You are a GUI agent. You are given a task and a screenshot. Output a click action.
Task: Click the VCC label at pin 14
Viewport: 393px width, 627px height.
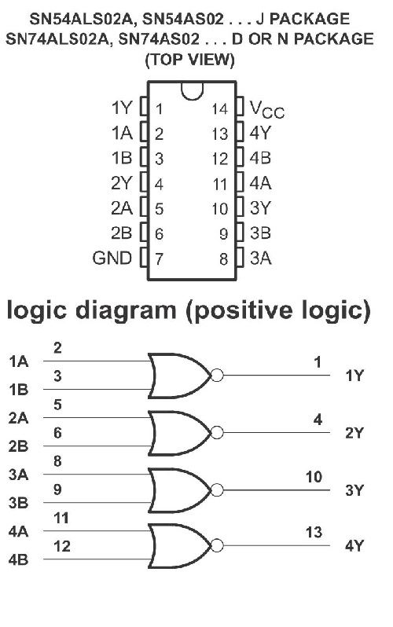pos(267,109)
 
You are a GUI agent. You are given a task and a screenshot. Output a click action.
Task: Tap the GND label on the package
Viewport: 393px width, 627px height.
pos(112,258)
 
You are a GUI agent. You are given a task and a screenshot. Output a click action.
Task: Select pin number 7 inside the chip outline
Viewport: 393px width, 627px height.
pos(159,259)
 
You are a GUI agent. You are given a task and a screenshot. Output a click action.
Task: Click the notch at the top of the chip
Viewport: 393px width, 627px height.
pos(192,91)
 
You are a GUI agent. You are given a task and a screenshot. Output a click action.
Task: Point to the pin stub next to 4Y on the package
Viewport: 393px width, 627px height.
pos(240,131)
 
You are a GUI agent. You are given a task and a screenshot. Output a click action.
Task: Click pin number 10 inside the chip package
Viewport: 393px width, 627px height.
pos(220,209)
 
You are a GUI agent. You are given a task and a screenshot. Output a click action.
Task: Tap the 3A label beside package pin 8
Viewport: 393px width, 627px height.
pos(260,258)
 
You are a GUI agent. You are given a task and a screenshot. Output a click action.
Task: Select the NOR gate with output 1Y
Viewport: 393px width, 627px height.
pos(179,376)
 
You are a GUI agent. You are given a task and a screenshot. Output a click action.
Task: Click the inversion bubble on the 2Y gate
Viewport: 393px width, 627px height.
pos(217,432)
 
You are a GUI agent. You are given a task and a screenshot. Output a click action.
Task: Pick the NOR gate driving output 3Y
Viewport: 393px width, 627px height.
pos(179,489)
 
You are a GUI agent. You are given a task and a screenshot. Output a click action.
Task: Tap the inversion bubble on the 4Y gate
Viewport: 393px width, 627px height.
pos(217,545)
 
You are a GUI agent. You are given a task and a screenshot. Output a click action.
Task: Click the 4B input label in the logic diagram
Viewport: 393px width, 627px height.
pos(18,559)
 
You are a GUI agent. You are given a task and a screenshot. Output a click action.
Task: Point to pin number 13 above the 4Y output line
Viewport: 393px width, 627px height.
pos(314,532)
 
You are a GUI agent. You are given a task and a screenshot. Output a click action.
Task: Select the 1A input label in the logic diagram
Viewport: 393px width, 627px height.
pos(18,361)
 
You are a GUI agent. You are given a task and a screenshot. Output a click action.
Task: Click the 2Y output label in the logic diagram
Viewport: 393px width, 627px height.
pos(354,433)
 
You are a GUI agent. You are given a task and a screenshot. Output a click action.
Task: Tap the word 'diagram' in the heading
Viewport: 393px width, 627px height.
pos(126,311)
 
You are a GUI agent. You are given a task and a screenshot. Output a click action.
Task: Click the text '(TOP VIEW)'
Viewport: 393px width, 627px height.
pos(189,60)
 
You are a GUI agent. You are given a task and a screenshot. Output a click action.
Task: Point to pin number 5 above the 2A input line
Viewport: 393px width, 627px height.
pos(57,405)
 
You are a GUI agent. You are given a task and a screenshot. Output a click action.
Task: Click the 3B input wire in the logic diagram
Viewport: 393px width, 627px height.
pos(96,503)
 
